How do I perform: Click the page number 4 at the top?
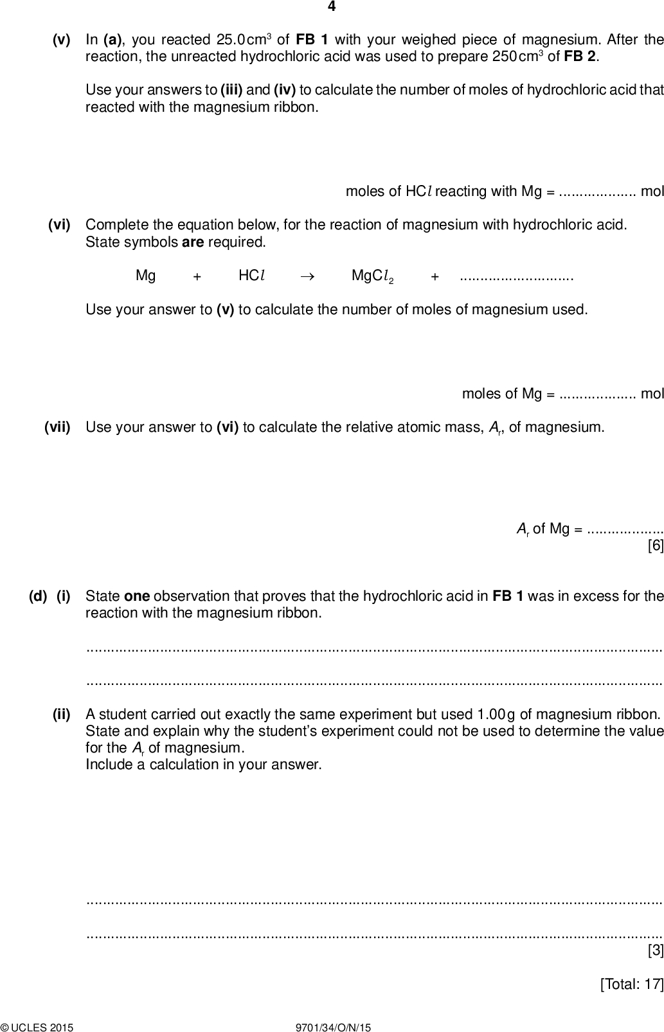332,7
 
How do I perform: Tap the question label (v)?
61,40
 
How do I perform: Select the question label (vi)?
59,225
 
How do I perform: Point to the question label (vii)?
57,427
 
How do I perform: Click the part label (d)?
38,596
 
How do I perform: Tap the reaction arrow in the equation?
307,276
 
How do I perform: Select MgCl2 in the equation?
372,276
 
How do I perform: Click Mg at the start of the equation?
145,276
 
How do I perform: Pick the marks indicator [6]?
655,546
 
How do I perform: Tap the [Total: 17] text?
631,984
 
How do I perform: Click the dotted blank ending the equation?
517,277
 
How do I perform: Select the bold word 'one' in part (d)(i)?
136,596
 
